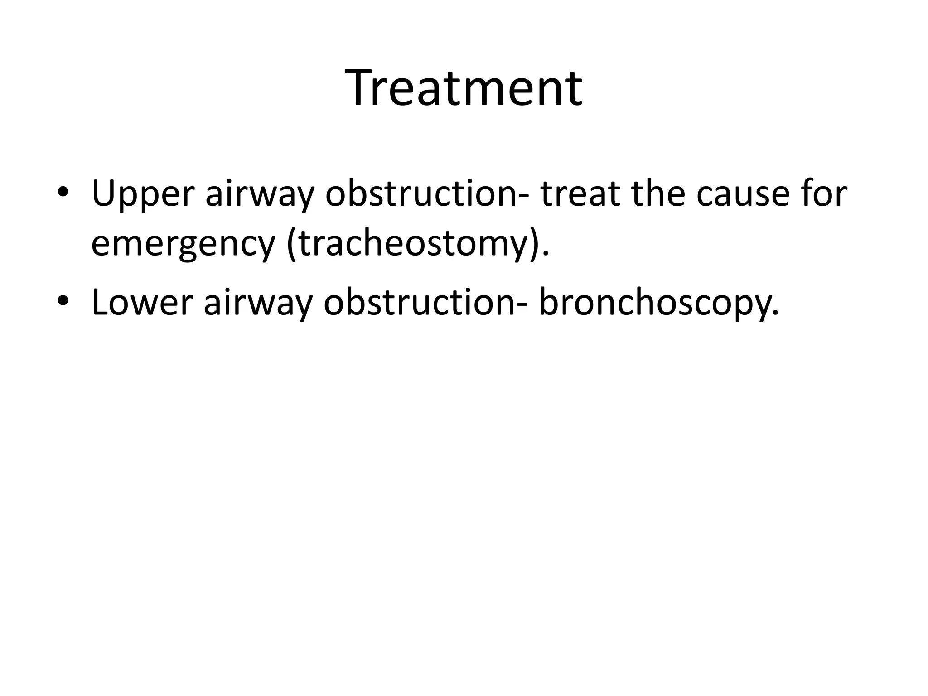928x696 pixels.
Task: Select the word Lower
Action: pyautogui.click(x=142, y=303)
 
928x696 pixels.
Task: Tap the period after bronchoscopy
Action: pyautogui.click(x=775, y=313)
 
